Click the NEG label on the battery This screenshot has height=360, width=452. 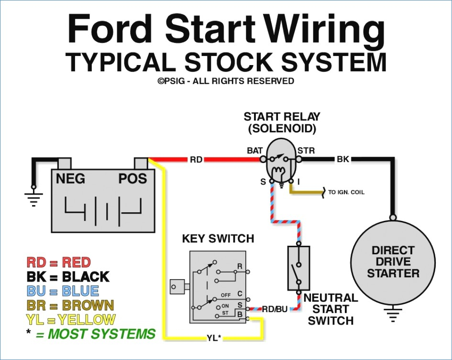click(x=71, y=179)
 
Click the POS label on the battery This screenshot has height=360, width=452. click(x=132, y=179)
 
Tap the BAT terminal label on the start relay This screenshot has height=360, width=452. click(x=255, y=151)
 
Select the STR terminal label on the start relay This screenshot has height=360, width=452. click(x=306, y=151)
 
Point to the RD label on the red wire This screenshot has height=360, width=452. click(x=196, y=159)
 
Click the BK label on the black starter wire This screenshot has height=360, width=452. click(x=343, y=159)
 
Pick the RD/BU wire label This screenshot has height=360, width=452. click(x=275, y=309)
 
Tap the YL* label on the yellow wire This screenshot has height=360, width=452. click(x=214, y=338)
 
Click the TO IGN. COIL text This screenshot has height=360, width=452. click(x=346, y=192)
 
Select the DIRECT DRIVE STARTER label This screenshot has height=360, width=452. click(x=393, y=262)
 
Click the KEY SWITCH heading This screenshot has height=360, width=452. click(x=218, y=239)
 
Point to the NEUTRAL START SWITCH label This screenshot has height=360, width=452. click(x=331, y=309)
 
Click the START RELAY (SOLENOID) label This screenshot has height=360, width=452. click(x=282, y=122)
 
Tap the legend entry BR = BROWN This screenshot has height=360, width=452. click(x=70, y=305)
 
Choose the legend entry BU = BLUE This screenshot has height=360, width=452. click(x=63, y=291)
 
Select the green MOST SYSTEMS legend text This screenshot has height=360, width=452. click(x=95, y=334)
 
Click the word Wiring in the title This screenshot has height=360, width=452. click(x=325, y=31)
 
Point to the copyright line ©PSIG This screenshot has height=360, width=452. click(x=226, y=81)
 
